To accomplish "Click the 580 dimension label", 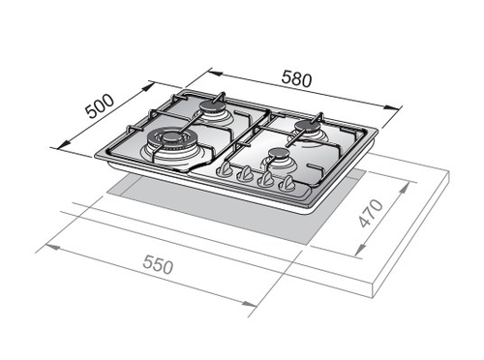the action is click(296, 79).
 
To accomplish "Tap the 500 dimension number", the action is click(100, 106).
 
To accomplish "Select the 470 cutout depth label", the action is click(372, 213).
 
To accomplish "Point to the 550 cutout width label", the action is click(158, 264).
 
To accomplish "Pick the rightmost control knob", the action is click(286, 184).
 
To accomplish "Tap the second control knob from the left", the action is click(245, 173).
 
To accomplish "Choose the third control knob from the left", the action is click(265, 179).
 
